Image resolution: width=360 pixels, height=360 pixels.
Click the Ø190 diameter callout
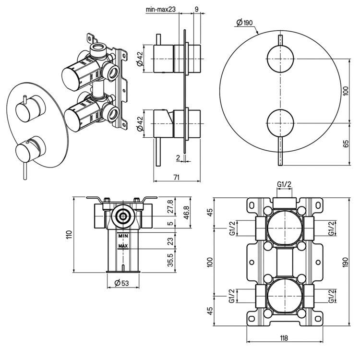(x=244, y=23)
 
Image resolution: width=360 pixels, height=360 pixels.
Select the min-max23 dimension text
(x=161, y=9)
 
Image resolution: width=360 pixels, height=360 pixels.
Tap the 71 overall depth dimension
(x=176, y=178)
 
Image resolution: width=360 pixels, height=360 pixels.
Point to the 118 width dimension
(x=284, y=338)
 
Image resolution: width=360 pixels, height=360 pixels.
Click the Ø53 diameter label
(x=121, y=283)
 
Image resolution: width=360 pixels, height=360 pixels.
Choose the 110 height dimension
(x=69, y=234)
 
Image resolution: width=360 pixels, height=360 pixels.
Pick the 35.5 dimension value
(x=170, y=260)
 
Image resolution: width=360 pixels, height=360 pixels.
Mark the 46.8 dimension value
(x=186, y=212)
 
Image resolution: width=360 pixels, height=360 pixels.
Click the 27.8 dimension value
(x=170, y=206)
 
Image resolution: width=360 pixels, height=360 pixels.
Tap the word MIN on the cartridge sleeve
(x=123, y=236)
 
